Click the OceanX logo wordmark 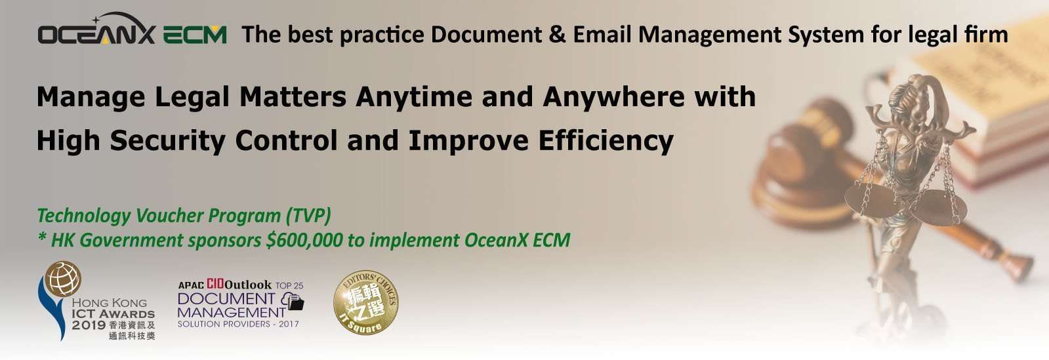(96, 30)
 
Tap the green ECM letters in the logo (195, 35)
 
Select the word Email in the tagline (602, 35)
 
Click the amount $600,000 (304, 241)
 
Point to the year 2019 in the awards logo (89, 325)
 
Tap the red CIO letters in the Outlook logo (215, 284)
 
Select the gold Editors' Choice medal (366, 302)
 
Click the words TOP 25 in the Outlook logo (289, 285)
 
